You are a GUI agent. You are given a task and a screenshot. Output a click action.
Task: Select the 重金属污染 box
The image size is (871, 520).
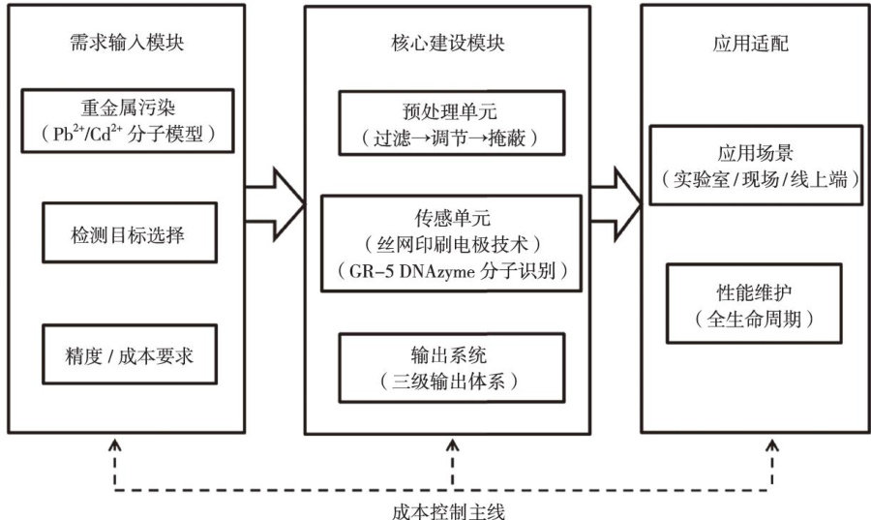pos(129,121)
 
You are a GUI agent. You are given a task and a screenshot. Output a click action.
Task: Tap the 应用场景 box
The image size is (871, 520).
pos(756,166)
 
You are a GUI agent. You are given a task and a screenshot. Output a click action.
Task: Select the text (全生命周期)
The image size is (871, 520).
pos(756,319)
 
